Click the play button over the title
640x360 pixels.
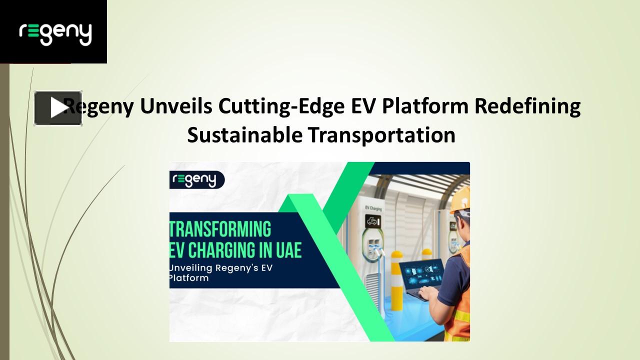click(x=57, y=108)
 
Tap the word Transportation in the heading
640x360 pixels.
click(x=381, y=135)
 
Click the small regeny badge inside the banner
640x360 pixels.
click(x=196, y=179)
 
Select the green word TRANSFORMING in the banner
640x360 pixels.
click(x=221, y=229)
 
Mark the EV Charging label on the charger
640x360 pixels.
click(x=373, y=206)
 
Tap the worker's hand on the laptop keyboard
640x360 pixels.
click(x=431, y=297)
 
